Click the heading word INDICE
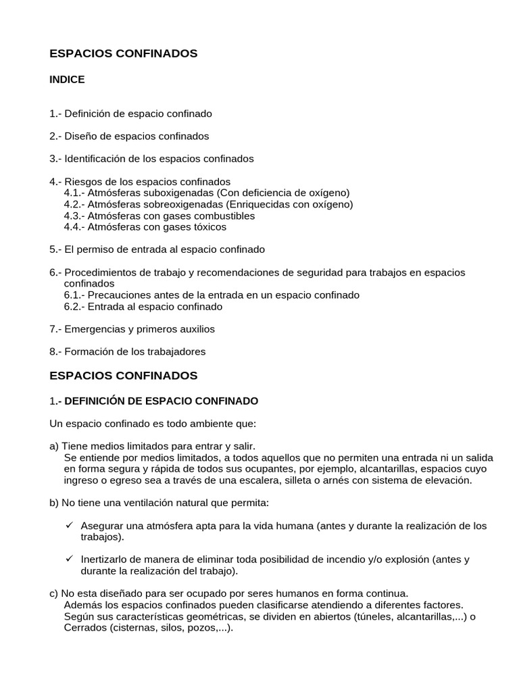click(67, 80)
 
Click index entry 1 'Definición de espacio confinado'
click(130, 114)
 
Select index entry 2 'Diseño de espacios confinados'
click(129, 136)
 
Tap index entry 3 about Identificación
click(151, 159)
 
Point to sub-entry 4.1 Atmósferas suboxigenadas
click(207, 193)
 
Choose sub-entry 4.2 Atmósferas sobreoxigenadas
click(208, 204)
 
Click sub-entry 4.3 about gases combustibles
click(159, 216)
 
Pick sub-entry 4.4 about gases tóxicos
click(145, 227)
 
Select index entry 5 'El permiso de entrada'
click(157, 249)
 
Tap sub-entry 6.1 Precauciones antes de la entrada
click(212, 295)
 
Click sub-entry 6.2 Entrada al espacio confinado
click(143, 307)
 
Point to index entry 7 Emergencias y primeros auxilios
click(132, 329)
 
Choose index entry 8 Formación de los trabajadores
click(127, 351)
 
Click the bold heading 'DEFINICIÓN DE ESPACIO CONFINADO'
click(161, 401)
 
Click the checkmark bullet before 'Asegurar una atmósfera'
click(69, 525)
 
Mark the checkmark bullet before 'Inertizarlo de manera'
click(69, 559)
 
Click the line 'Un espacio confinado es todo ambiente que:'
click(153, 424)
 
